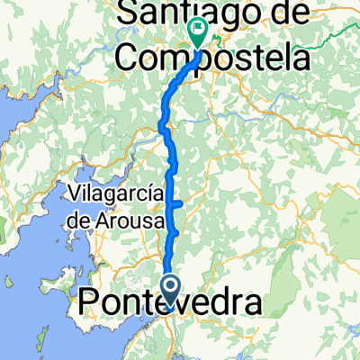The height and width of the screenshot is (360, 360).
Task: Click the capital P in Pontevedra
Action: click(92, 302)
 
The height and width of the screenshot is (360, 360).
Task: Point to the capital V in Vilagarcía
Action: click(75, 192)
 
